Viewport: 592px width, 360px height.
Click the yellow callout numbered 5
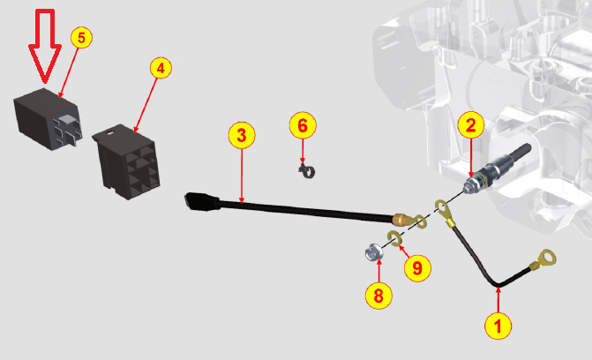(x=81, y=37)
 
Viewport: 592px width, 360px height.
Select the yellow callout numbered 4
(x=161, y=68)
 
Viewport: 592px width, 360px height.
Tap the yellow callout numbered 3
(x=242, y=135)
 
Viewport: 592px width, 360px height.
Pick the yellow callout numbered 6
(x=303, y=125)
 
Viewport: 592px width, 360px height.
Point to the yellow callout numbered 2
(x=471, y=125)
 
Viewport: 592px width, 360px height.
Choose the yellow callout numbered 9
(x=417, y=268)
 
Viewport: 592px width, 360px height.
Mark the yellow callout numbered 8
(x=378, y=296)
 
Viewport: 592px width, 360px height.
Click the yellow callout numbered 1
(x=498, y=326)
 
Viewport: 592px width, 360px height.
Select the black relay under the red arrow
(x=48, y=119)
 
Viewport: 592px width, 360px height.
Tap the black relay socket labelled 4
(x=127, y=161)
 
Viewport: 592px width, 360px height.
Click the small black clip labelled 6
(x=307, y=171)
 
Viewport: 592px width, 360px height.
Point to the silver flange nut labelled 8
(x=375, y=252)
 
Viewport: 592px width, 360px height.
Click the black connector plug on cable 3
(x=202, y=201)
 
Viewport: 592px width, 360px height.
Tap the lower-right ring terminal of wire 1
(x=543, y=259)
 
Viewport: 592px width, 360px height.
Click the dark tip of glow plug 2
(x=521, y=152)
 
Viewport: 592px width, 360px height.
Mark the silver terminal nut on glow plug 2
(x=470, y=186)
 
